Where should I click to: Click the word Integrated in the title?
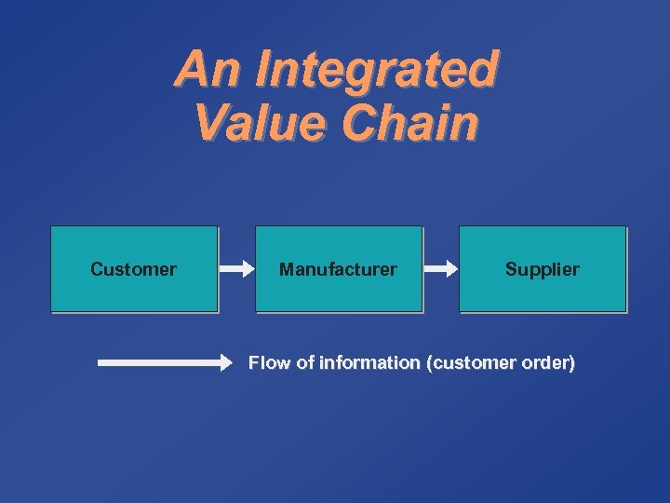click(x=375, y=70)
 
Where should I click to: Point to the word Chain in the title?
click(x=409, y=123)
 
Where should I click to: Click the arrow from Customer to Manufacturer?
click(x=236, y=269)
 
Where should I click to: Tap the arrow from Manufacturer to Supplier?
click(x=441, y=269)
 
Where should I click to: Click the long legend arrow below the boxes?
click(x=163, y=363)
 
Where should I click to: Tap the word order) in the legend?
click(x=549, y=363)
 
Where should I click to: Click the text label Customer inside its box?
click(x=133, y=269)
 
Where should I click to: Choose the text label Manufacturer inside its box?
click(x=338, y=269)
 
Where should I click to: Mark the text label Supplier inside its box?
click(x=543, y=269)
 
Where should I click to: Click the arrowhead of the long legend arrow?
click(x=227, y=363)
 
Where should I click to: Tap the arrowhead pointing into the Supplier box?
click(x=450, y=269)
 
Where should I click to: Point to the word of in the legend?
click(x=304, y=363)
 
